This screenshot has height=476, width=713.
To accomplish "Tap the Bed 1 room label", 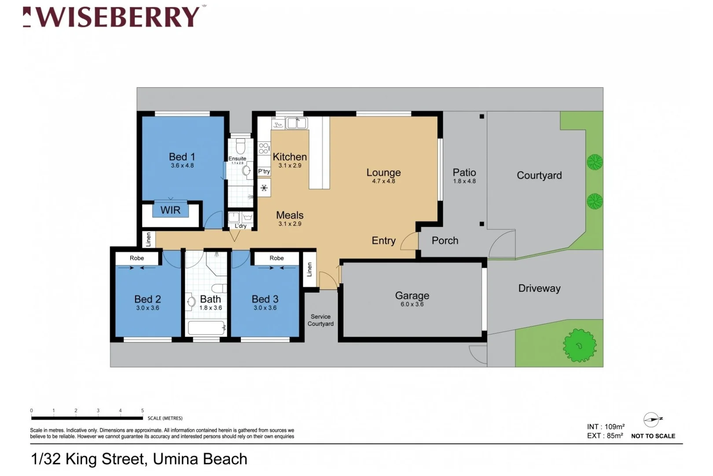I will tap(182, 157).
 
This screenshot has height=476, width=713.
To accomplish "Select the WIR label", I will tap(170, 210).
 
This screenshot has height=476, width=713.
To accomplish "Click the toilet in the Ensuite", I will tap(240, 146).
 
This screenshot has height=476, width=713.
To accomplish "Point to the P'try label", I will tap(264, 171).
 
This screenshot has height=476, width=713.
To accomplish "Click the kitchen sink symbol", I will tap(296, 123).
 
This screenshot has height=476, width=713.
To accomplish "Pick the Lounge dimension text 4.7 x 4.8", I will tap(383, 181).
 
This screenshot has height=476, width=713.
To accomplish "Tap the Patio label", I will tap(464, 172).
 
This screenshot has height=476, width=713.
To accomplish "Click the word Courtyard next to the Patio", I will tap(539, 175).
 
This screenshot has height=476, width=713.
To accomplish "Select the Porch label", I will tap(445, 241).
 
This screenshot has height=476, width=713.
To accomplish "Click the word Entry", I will tap(383, 241).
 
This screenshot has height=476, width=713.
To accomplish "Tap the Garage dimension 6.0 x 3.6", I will tap(412, 305).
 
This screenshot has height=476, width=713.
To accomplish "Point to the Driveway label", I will tap(539, 288).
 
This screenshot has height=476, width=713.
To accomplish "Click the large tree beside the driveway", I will tap(579, 346).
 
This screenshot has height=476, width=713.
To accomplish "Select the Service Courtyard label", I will tap(320, 320).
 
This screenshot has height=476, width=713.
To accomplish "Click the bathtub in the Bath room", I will tap(206, 328).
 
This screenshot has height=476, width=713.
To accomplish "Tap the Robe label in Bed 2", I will tap(136, 258).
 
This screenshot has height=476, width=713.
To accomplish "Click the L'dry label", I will tap(240, 226).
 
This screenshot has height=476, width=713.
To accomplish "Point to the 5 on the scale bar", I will tap(143, 410).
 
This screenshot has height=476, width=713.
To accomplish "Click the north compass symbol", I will tap(651, 419).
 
